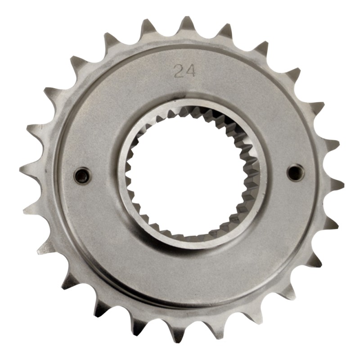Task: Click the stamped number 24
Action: click(x=184, y=71)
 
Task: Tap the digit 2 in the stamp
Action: click(x=179, y=71)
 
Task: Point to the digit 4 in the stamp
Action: click(x=190, y=71)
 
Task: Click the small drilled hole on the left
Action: click(x=82, y=176)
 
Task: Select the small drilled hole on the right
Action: click(x=296, y=173)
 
